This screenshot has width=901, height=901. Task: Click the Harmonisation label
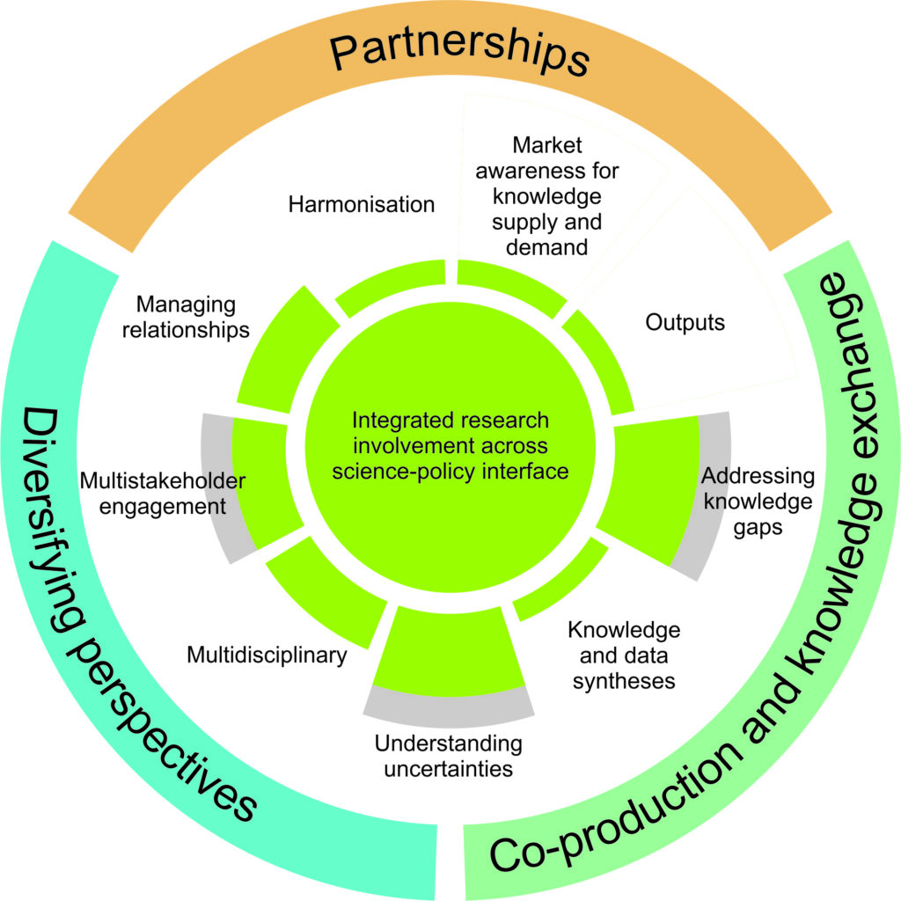362,204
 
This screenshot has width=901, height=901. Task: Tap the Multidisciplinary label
267,656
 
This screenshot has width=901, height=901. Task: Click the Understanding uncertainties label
448,756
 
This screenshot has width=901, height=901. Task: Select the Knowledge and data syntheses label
624,655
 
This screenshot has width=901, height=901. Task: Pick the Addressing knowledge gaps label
757,502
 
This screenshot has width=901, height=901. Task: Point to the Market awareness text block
546,195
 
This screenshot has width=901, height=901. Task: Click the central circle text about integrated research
450,445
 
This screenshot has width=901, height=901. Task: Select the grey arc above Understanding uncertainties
449,700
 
